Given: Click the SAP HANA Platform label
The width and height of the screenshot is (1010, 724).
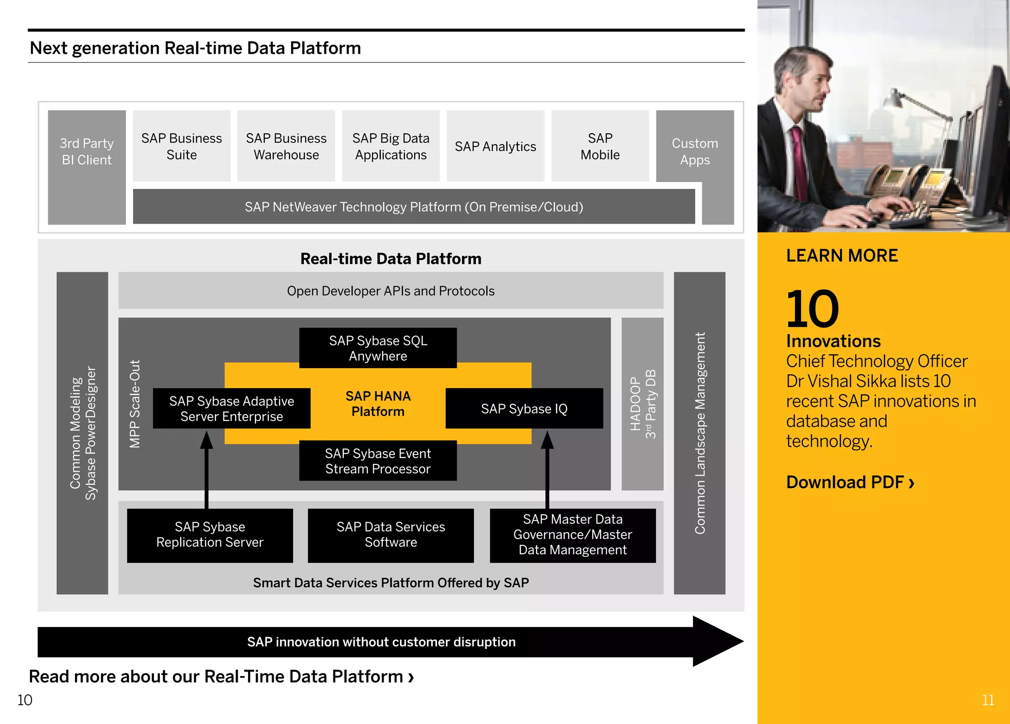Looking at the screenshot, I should [x=378, y=404].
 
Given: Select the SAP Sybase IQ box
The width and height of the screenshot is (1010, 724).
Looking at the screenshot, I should [x=524, y=409].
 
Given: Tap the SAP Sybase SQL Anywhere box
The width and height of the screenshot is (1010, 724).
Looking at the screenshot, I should [x=378, y=348].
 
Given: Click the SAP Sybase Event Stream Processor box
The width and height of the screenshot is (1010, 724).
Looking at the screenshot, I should [x=378, y=461].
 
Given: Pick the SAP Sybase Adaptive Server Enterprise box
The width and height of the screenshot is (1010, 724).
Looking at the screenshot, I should [x=231, y=409].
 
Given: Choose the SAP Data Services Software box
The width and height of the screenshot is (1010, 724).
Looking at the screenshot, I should [x=391, y=535].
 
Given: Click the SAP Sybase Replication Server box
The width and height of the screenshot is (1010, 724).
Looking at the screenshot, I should [x=210, y=535].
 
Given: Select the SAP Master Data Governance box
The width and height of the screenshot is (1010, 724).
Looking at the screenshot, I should [x=573, y=535].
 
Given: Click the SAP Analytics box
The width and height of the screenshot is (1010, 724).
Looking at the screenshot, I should [x=495, y=146].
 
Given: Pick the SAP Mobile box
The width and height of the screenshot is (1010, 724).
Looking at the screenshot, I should [x=600, y=146].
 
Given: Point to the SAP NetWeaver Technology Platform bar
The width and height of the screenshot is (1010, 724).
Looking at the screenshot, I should [x=413, y=207].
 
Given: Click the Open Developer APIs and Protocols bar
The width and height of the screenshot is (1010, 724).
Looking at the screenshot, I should [x=391, y=291].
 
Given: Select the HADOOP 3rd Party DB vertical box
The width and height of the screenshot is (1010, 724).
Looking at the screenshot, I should [x=643, y=404].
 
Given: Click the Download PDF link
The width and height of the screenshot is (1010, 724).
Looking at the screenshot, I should [x=850, y=482].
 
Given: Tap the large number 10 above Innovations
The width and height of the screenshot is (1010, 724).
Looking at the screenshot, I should [x=812, y=309].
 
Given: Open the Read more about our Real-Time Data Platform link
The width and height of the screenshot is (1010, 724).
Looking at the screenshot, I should [x=221, y=677].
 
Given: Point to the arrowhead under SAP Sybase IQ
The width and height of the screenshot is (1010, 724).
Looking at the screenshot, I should [x=547, y=440].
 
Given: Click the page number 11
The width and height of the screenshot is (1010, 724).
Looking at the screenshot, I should [x=988, y=700].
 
